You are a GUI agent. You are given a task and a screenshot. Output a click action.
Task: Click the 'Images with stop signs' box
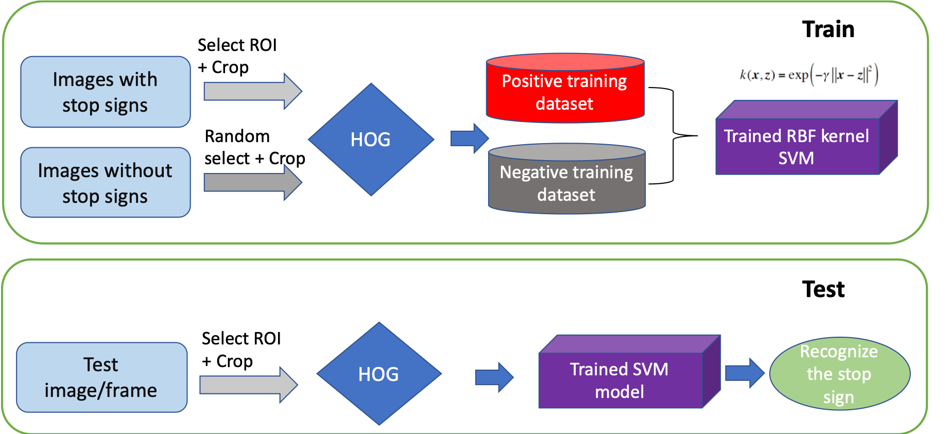tap(105, 92)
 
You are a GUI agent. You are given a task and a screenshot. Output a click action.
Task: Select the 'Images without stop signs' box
tap(105, 183)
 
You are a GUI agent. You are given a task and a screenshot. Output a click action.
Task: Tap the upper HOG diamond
tap(371, 140)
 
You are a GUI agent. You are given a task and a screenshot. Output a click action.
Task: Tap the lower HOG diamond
tap(379, 374)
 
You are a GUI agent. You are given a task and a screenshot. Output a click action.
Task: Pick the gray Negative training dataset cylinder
tap(566, 183)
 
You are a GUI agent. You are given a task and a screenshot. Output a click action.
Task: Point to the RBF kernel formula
tap(812, 75)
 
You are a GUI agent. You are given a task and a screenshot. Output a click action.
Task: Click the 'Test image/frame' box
tap(101, 377)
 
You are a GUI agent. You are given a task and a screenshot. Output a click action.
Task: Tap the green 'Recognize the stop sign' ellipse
tap(839, 374)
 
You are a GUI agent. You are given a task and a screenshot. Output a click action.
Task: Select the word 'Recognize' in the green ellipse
tap(838, 352)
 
